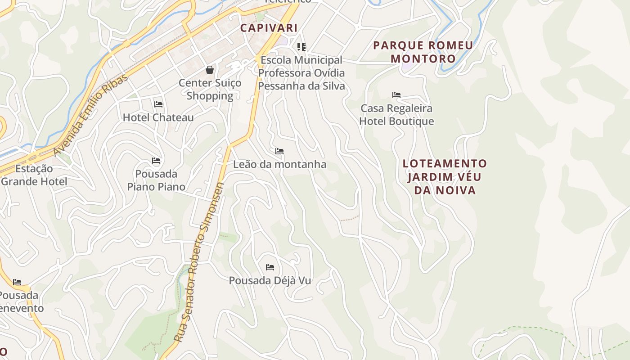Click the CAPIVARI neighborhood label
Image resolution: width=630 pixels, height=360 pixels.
[269, 28]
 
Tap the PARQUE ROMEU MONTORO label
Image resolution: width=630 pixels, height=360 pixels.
[423, 52]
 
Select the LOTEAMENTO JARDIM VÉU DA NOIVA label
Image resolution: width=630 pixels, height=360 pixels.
[445, 176]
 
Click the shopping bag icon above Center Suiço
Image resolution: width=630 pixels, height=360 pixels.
[210, 69]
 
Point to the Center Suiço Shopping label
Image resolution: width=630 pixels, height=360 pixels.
[210, 89]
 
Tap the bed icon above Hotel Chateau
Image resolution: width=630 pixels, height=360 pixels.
[158, 104]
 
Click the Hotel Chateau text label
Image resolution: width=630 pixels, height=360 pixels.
[158, 117]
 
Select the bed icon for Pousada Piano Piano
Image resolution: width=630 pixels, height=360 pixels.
[156, 161]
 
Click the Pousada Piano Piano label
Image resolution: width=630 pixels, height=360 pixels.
[156, 180]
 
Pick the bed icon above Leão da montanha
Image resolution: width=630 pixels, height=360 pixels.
[279, 151]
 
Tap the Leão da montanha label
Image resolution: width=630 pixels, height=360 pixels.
[279, 164]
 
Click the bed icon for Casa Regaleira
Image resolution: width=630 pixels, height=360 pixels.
[396, 95]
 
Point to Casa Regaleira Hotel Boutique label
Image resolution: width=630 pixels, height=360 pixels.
[396, 115]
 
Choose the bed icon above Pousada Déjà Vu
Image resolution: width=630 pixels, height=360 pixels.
[270, 267]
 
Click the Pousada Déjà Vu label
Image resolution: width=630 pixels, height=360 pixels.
[270, 280]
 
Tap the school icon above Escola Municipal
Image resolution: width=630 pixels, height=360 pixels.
[301, 46]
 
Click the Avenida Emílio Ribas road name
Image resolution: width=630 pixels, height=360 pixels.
[90, 115]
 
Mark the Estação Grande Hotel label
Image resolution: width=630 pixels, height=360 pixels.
[34, 175]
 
